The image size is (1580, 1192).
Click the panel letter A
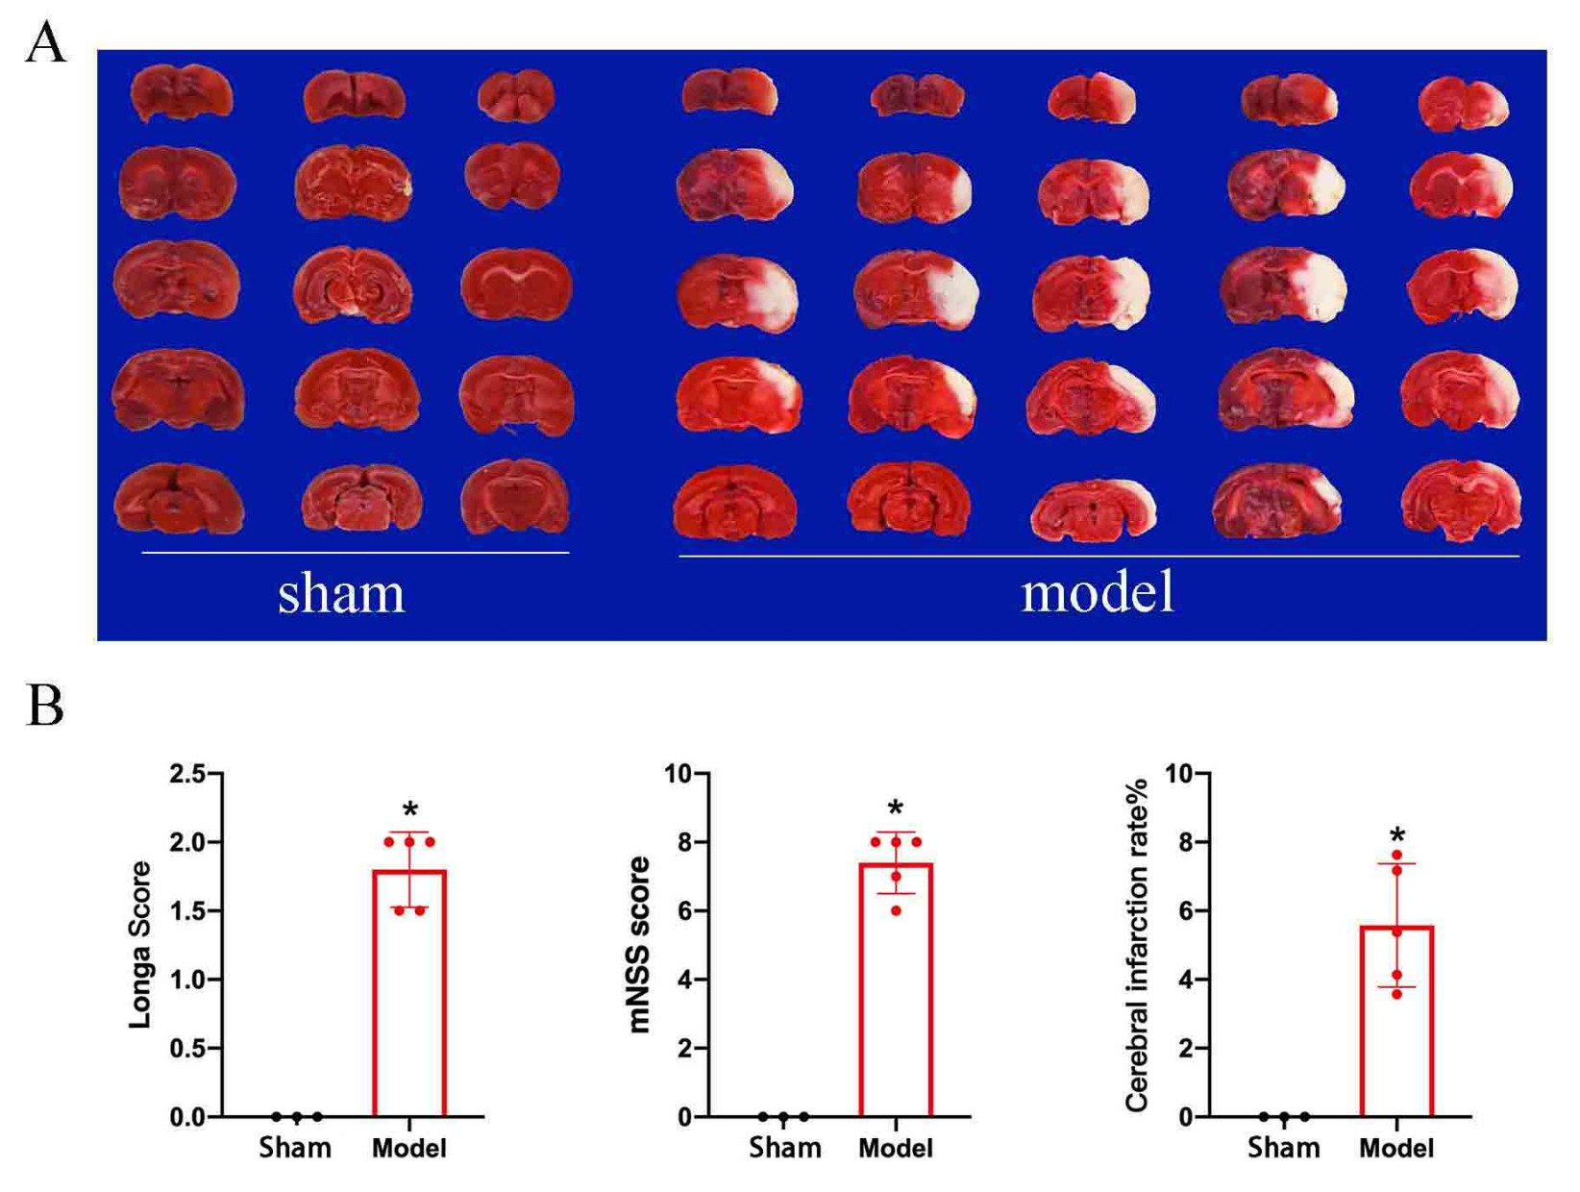pos(45,42)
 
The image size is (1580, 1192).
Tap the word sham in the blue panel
pos(341,594)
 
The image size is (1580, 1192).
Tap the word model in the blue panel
pos(1098,592)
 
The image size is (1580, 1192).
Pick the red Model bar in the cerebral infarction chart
pos(1396,1021)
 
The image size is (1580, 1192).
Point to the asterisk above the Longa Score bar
pos(410,809)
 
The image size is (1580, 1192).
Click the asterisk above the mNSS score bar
pos(896,807)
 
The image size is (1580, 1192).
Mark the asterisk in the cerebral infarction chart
pos(1397,835)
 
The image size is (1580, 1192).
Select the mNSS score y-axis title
pos(638,944)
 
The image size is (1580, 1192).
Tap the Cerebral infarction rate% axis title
pos(1136,944)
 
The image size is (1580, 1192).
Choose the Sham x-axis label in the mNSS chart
pos(784,1148)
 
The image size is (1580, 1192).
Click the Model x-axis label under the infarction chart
pos(1396,1148)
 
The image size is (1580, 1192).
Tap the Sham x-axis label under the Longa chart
pos(295,1148)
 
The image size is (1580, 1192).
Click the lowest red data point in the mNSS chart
pos(896,911)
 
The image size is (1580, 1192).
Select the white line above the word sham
pos(356,553)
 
